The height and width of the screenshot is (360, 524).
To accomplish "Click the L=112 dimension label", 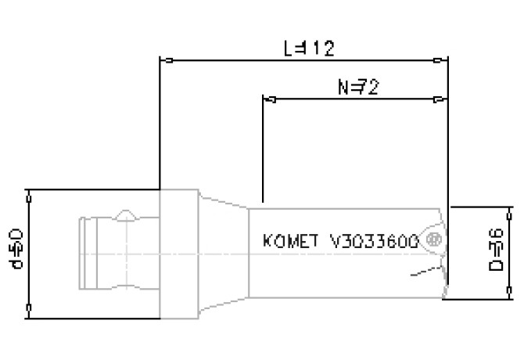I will [308, 48].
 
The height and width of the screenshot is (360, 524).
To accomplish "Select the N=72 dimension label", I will [357, 87].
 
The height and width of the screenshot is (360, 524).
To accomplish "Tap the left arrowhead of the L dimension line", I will [165, 59].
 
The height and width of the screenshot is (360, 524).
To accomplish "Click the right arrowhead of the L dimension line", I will [442, 59].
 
